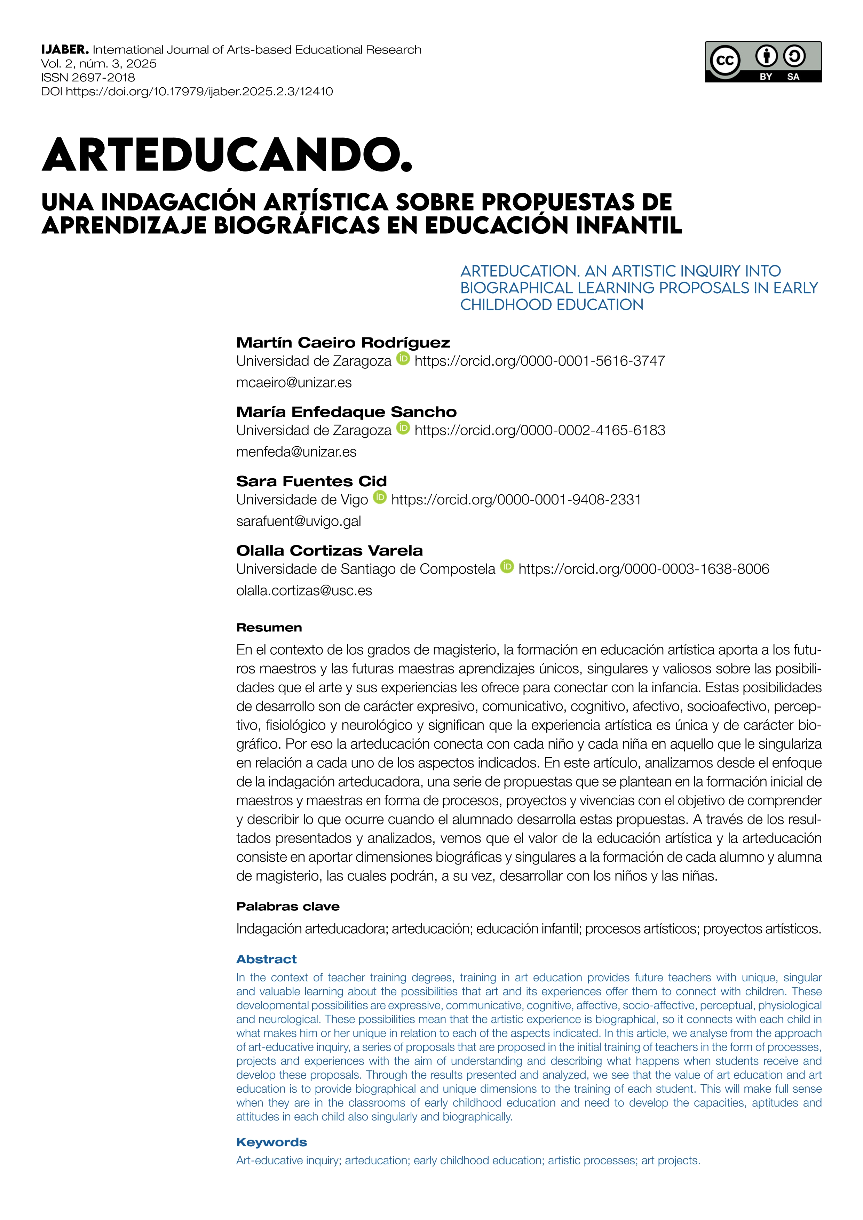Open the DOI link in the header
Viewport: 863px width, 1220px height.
(x=199, y=91)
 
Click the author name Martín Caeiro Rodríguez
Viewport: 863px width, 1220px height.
(x=343, y=343)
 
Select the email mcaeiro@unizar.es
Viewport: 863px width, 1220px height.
(x=294, y=383)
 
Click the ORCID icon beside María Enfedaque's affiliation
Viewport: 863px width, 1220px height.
(x=403, y=428)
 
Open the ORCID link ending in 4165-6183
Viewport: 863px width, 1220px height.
(x=539, y=430)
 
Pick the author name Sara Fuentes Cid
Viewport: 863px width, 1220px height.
(x=311, y=481)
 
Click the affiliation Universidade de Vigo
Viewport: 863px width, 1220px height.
(x=302, y=500)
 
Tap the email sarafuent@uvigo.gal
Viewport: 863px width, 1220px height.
(x=299, y=521)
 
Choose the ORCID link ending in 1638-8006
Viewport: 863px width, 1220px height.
(x=643, y=569)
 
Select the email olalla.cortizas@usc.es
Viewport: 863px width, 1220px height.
(x=304, y=591)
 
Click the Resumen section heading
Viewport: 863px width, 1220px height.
(x=269, y=628)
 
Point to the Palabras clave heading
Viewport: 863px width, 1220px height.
(x=287, y=907)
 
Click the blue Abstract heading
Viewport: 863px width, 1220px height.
(x=266, y=959)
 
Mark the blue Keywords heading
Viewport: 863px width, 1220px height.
(x=271, y=1142)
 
